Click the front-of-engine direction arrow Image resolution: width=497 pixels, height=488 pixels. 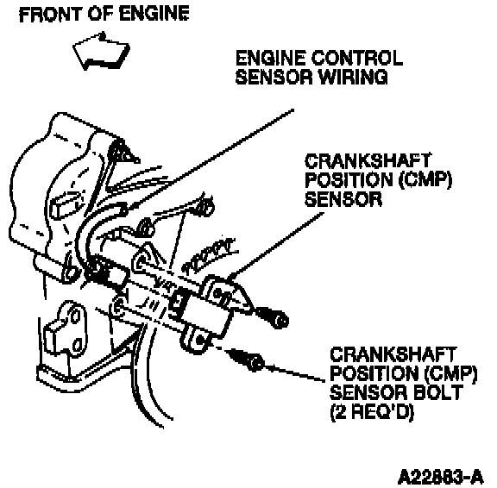click(101, 51)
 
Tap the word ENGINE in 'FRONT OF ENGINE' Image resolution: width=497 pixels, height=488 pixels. click(154, 15)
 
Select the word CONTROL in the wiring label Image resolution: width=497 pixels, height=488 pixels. click(356, 59)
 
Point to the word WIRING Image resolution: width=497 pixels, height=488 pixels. click(353, 77)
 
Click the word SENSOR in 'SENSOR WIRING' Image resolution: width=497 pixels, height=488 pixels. click(274, 77)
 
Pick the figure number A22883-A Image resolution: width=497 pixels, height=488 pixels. click(441, 477)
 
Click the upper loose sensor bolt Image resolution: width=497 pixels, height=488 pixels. click(272, 317)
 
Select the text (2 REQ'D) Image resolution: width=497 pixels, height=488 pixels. click(372, 412)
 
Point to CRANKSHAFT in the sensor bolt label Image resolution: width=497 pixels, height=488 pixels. click(393, 354)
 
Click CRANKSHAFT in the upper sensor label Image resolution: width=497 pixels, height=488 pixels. click(368, 161)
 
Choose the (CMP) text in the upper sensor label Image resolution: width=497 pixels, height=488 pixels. click(425, 180)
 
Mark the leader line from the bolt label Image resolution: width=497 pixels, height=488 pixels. click(296, 373)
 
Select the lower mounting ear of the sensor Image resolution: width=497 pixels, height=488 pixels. click(196, 340)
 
